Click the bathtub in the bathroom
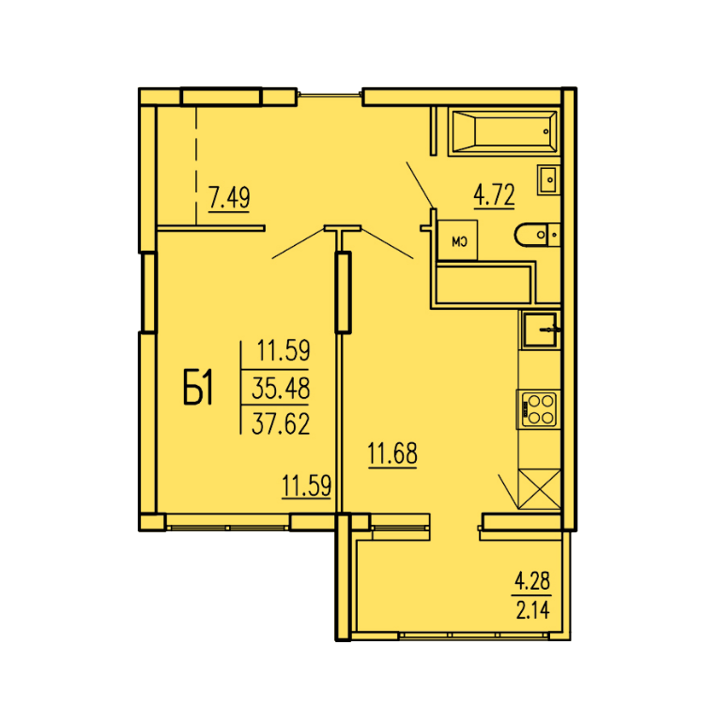[x=504, y=131]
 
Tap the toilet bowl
[x=537, y=235]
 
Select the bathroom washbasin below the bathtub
[x=548, y=180]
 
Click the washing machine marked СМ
[x=457, y=240]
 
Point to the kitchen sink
[x=540, y=330]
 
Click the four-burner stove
[x=539, y=408]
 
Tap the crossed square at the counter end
[x=540, y=489]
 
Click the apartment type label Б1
[x=198, y=388]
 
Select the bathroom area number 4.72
[x=495, y=195]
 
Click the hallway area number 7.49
[x=229, y=198]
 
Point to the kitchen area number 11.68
[x=392, y=453]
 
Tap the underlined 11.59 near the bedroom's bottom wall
[x=306, y=485]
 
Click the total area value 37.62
[x=281, y=424]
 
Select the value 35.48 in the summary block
[x=281, y=388]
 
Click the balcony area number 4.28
[x=532, y=582]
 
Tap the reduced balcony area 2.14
[x=532, y=610]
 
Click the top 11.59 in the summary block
[x=284, y=350]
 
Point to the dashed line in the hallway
[x=196, y=165]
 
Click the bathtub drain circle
[x=545, y=131]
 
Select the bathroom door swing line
[x=420, y=184]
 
